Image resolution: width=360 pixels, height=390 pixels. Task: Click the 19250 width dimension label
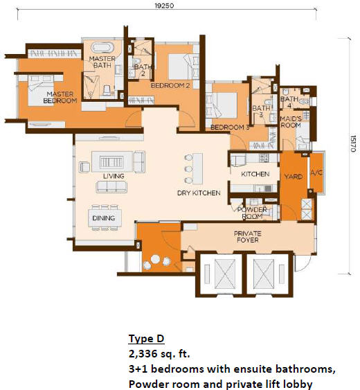(164, 6)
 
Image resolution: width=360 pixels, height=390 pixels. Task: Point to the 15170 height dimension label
(353, 143)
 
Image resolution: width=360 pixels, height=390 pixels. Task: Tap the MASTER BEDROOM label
(60, 97)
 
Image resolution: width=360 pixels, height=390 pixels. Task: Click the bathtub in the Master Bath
(102, 48)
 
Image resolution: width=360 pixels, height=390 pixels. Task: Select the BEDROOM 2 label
(170, 86)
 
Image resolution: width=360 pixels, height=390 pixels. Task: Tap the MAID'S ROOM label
(291, 122)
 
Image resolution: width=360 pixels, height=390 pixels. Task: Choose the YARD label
(294, 177)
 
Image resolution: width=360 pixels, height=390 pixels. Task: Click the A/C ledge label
(316, 172)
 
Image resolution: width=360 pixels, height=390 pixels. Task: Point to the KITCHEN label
(255, 174)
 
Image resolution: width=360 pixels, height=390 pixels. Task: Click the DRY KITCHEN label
(199, 193)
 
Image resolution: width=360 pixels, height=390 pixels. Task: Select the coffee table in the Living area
(111, 162)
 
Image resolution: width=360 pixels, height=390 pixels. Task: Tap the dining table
(105, 218)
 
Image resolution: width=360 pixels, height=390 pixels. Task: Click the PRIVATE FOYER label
(248, 237)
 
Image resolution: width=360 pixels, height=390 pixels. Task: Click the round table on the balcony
(155, 259)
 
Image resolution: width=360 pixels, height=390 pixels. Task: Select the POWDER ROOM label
(252, 213)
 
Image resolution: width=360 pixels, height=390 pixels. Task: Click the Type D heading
(146, 339)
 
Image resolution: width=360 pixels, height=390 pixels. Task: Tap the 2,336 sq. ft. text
(159, 353)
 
